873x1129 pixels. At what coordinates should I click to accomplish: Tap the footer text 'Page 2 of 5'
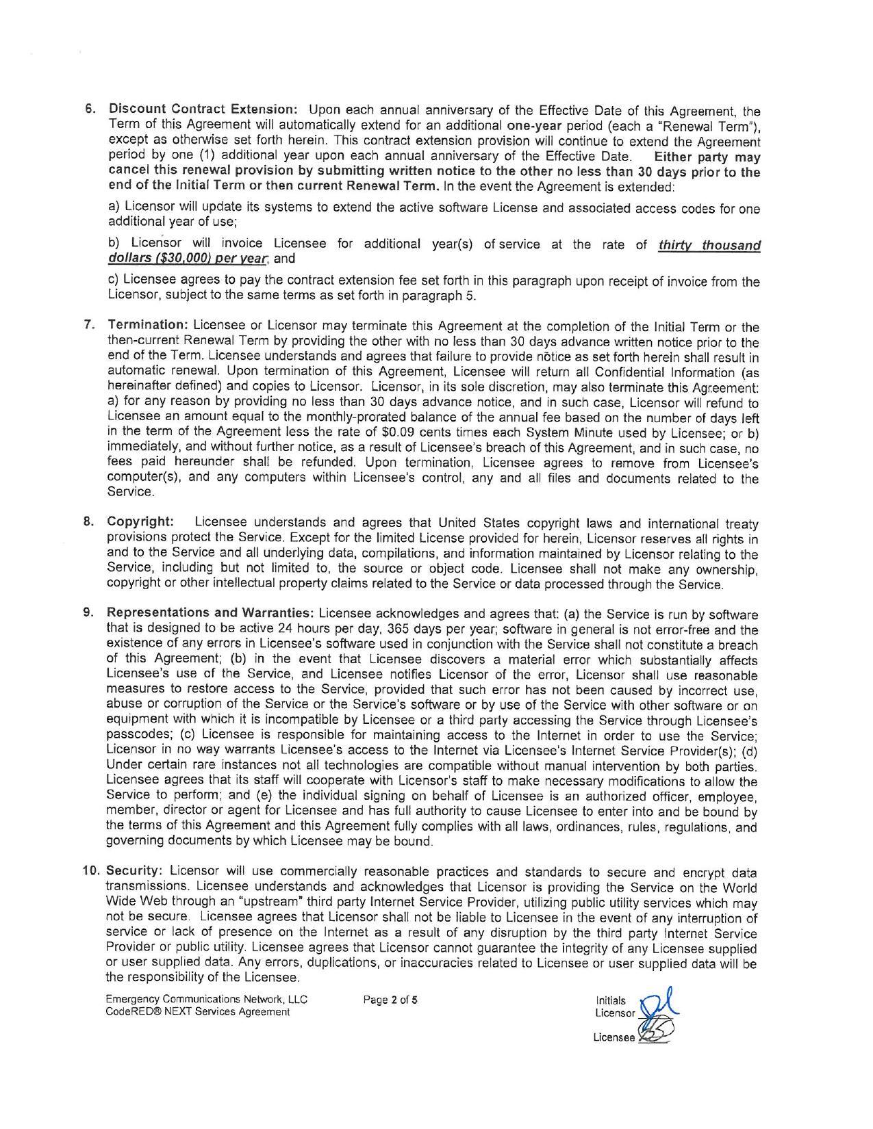tap(390, 1000)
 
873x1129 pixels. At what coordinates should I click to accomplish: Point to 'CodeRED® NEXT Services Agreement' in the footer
tap(198, 1012)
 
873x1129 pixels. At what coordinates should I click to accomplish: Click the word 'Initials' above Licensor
tap(611, 1000)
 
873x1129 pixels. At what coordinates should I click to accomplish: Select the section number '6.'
tap(90, 109)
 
